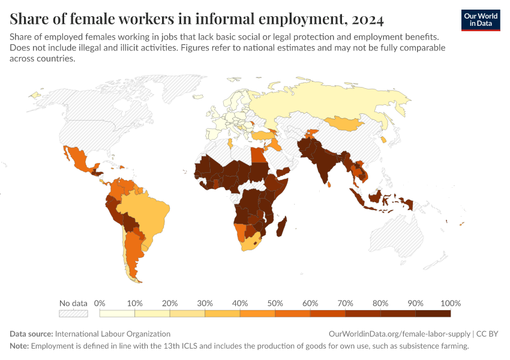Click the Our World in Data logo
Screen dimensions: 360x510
(481, 20)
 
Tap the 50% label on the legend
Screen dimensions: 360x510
(275, 303)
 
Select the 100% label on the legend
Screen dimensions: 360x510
(450, 303)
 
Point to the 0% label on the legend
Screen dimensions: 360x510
(100, 303)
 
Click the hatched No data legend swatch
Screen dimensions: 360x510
(73, 313)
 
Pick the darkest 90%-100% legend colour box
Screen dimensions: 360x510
(433, 313)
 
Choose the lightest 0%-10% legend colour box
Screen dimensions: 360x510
(117, 313)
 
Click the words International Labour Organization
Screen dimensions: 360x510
(113, 334)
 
